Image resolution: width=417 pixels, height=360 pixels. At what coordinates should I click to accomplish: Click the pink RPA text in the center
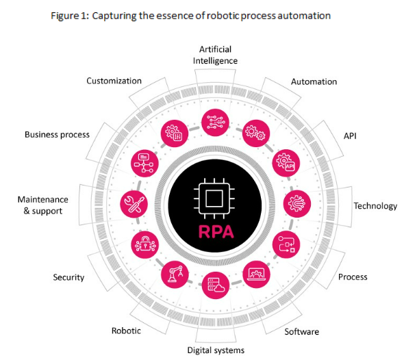(x=216, y=231)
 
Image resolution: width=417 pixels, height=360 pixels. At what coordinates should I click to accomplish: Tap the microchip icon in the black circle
(x=214, y=198)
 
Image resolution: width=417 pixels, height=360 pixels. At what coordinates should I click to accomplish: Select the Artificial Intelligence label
(x=215, y=55)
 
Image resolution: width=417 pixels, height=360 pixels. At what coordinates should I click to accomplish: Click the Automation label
(x=314, y=81)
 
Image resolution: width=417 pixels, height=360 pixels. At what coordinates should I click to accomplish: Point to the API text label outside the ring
(x=350, y=136)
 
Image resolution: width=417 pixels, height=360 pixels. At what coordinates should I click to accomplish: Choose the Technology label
(x=375, y=206)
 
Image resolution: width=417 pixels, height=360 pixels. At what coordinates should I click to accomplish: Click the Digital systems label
(x=216, y=350)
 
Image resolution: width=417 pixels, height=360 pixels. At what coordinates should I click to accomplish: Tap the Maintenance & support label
(x=43, y=205)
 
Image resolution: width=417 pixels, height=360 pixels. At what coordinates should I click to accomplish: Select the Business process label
(x=58, y=135)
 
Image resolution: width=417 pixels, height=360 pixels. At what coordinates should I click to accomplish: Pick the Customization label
(x=114, y=81)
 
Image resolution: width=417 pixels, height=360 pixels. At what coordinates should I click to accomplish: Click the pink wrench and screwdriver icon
(x=134, y=204)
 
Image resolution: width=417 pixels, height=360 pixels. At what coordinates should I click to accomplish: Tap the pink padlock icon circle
(x=145, y=244)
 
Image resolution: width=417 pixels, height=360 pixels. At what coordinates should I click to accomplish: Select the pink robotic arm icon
(x=175, y=274)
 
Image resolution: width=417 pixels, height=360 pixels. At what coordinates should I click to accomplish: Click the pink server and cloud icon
(x=216, y=285)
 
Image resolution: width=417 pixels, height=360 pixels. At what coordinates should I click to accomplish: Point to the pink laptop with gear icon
(x=256, y=274)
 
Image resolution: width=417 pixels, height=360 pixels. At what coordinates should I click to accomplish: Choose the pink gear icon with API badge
(x=286, y=163)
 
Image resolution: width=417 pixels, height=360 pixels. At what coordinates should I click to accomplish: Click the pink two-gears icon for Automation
(x=256, y=133)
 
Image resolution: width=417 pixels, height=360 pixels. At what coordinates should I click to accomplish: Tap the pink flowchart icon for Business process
(x=144, y=164)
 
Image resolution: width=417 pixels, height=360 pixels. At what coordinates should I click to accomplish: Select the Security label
(x=68, y=277)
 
